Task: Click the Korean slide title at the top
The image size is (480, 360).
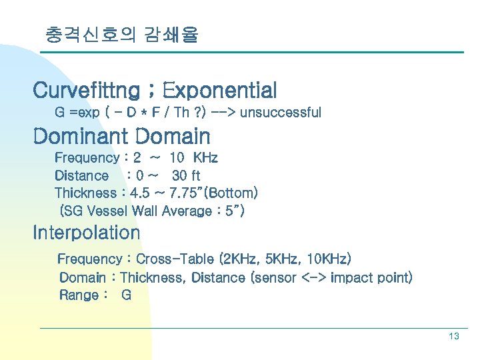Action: coord(121,34)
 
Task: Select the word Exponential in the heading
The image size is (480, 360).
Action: coord(219,89)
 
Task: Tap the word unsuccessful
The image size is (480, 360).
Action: coord(280,113)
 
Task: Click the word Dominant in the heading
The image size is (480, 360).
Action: coord(81,137)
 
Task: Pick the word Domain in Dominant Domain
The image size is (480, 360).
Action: coord(173,137)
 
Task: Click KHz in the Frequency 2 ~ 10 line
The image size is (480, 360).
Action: coord(205,158)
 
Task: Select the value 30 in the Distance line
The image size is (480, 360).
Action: coord(179,176)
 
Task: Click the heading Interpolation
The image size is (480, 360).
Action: coord(87,233)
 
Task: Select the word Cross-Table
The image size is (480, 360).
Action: coord(172,259)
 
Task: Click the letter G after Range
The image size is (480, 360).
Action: coord(126,295)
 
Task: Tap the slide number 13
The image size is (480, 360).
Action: coord(453,337)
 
